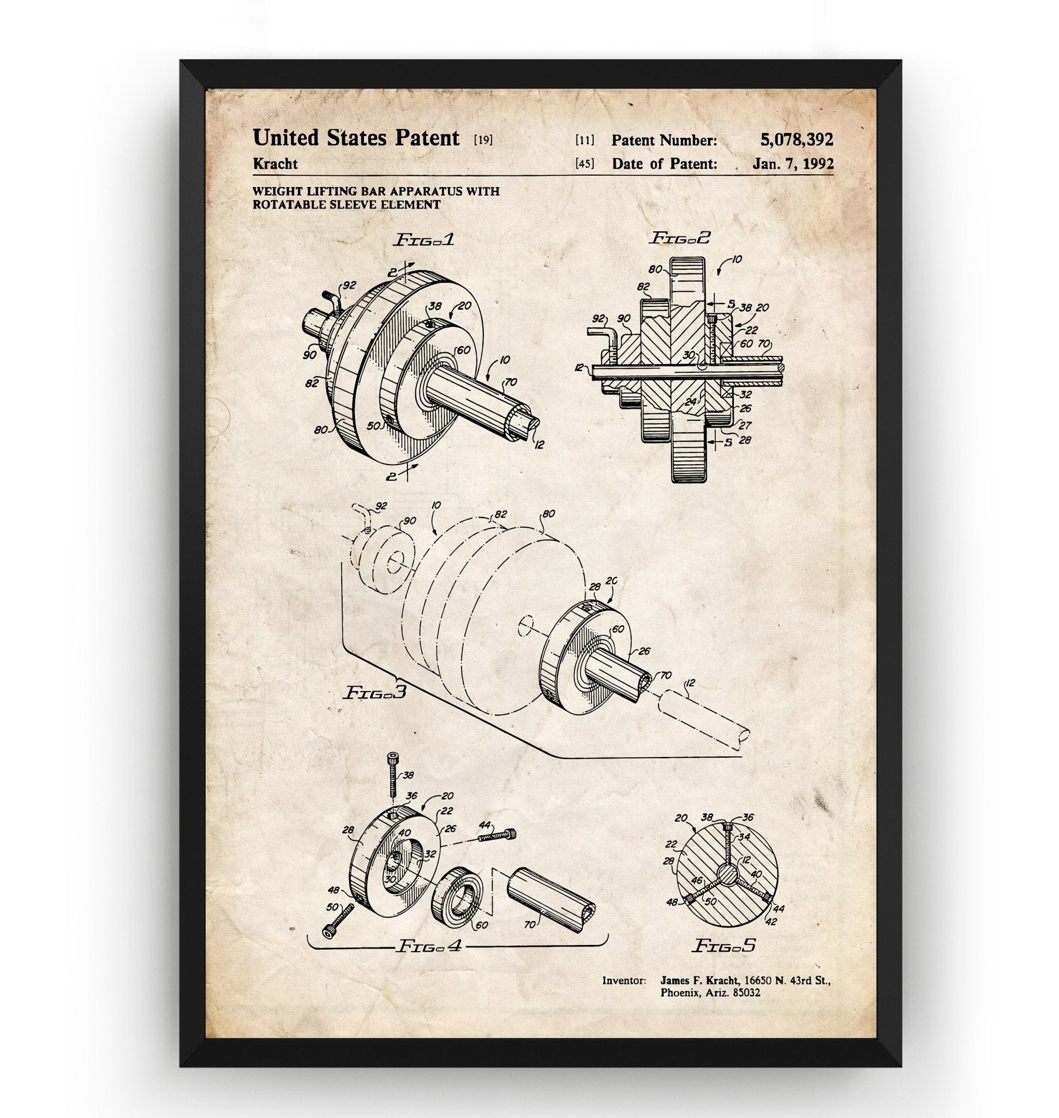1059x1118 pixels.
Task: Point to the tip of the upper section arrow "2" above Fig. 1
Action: tap(414, 263)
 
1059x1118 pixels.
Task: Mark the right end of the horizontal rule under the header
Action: tap(834, 176)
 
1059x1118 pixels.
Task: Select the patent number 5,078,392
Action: tap(797, 139)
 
